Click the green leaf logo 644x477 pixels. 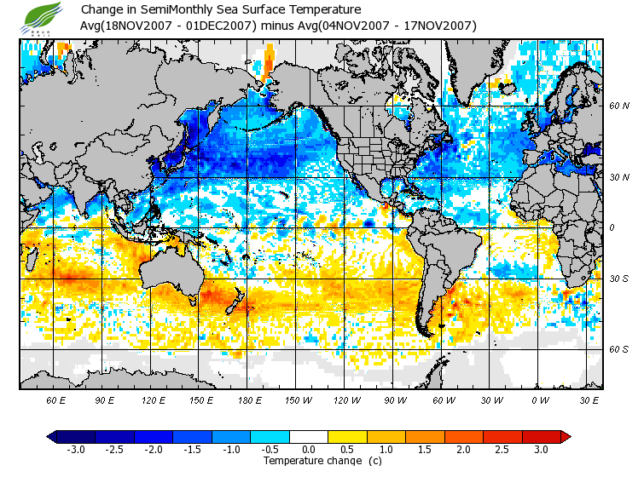click(43, 16)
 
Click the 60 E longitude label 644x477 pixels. click(56, 399)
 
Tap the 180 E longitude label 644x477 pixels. click(250, 399)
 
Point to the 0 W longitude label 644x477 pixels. click(540, 399)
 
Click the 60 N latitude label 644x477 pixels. click(618, 106)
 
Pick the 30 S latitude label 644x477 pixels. click(618, 279)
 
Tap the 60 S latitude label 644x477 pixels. click(618, 349)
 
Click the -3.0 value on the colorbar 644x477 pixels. click(75, 449)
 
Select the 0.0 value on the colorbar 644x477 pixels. click(310, 449)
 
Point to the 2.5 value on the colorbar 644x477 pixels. click(502, 449)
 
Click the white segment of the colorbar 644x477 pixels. click(309, 436)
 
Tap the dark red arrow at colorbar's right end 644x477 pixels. click(565, 436)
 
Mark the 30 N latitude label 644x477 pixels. click(618, 176)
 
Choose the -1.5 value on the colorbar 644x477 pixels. click(193, 449)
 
